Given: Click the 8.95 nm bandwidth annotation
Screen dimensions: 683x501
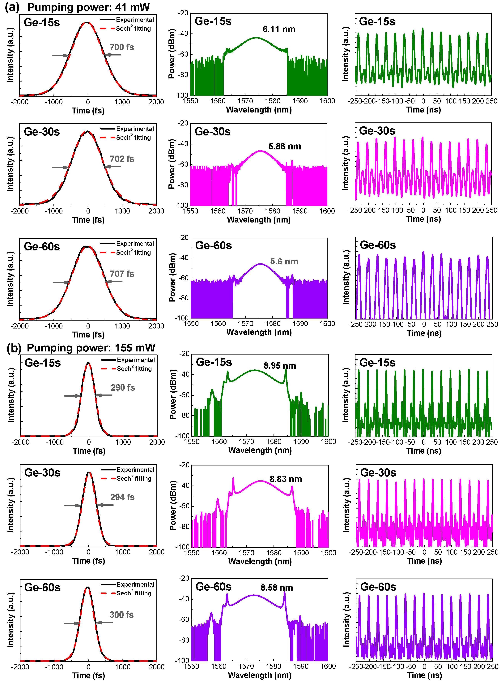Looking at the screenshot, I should (280, 365).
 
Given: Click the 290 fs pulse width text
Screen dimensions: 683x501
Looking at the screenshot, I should (122, 387).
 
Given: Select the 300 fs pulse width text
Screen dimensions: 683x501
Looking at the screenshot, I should (121, 615).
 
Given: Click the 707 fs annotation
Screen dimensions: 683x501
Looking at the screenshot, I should (122, 274).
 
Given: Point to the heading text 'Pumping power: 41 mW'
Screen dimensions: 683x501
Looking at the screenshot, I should (89, 7).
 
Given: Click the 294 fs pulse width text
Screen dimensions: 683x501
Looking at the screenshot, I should (122, 497).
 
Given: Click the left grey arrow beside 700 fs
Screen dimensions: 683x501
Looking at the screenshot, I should (60, 55).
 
